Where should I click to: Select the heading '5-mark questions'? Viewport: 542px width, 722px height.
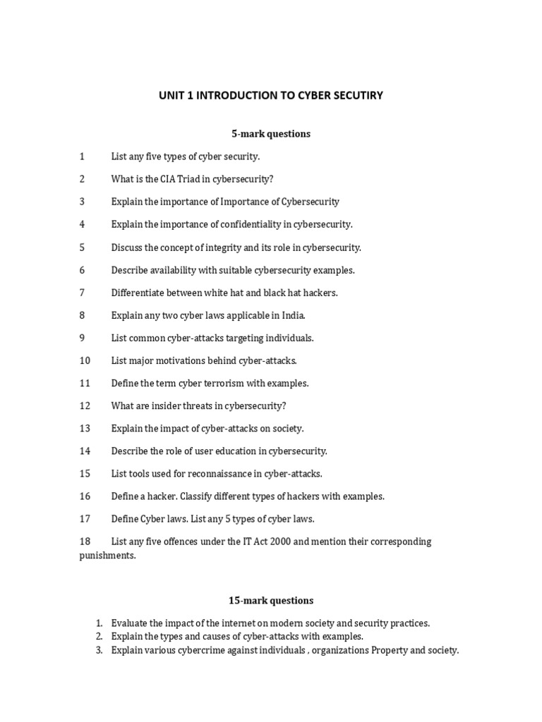click(x=271, y=133)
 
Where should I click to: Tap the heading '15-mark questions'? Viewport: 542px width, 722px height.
click(x=271, y=601)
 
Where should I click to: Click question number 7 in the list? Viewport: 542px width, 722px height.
click(x=82, y=293)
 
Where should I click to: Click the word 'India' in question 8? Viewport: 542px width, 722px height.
click(x=293, y=315)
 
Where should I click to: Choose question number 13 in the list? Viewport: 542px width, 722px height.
click(x=85, y=429)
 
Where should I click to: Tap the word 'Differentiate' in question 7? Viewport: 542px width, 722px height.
click(x=138, y=293)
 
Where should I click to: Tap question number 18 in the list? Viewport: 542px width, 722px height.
click(x=85, y=541)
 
